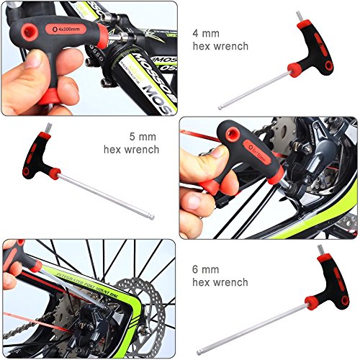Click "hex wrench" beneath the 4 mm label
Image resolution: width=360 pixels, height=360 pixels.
click(x=220, y=46)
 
